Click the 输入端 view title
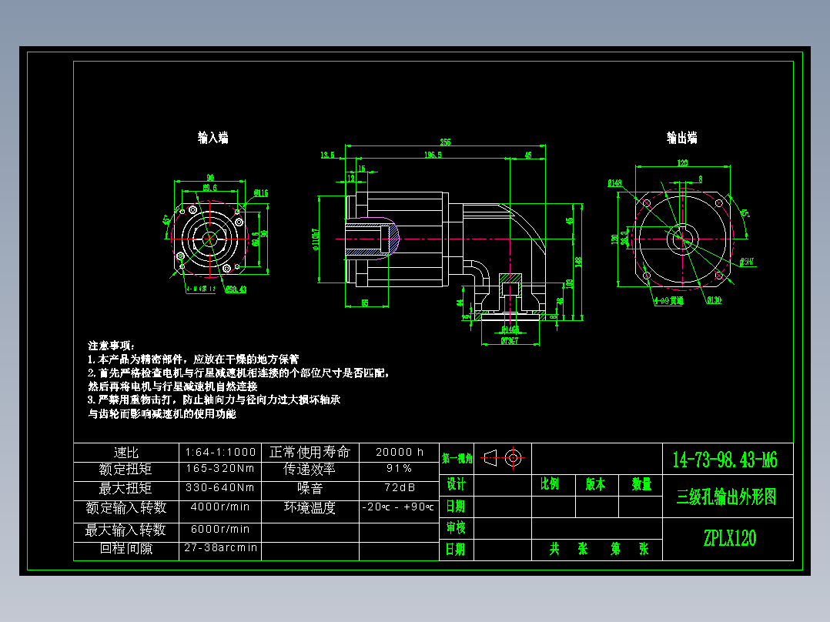click(213, 138)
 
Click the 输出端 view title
click(681, 138)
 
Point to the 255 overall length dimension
click(445, 142)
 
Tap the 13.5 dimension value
click(327, 155)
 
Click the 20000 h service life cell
click(399, 452)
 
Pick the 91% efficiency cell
click(399, 468)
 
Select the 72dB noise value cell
click(399, 487)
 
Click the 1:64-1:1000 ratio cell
click(220, 452)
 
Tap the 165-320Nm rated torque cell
click(220, 468)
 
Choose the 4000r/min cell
click(220, 507)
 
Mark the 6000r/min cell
click(220, 530)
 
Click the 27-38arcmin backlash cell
click(220, 548)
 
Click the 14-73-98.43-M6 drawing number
click(725, 460)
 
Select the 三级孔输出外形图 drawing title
click(726, 497)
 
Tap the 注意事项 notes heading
click(112, 345)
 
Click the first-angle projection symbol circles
click(514, 458)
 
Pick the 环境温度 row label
click(310, 507)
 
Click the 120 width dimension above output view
click(682, 163)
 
